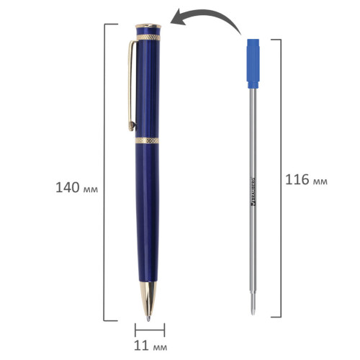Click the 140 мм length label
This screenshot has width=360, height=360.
[x=77, y=187]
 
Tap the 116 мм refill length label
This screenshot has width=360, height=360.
[x=306, y=179]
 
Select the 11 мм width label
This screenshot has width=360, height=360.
[x=150, y=346]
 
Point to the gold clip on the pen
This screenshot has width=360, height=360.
[x=131, y=85]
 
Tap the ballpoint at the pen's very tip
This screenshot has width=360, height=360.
[x=148, y=319]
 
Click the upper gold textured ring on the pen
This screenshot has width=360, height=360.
[x=148, y=37]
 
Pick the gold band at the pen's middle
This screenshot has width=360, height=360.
[x=147, y=140]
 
